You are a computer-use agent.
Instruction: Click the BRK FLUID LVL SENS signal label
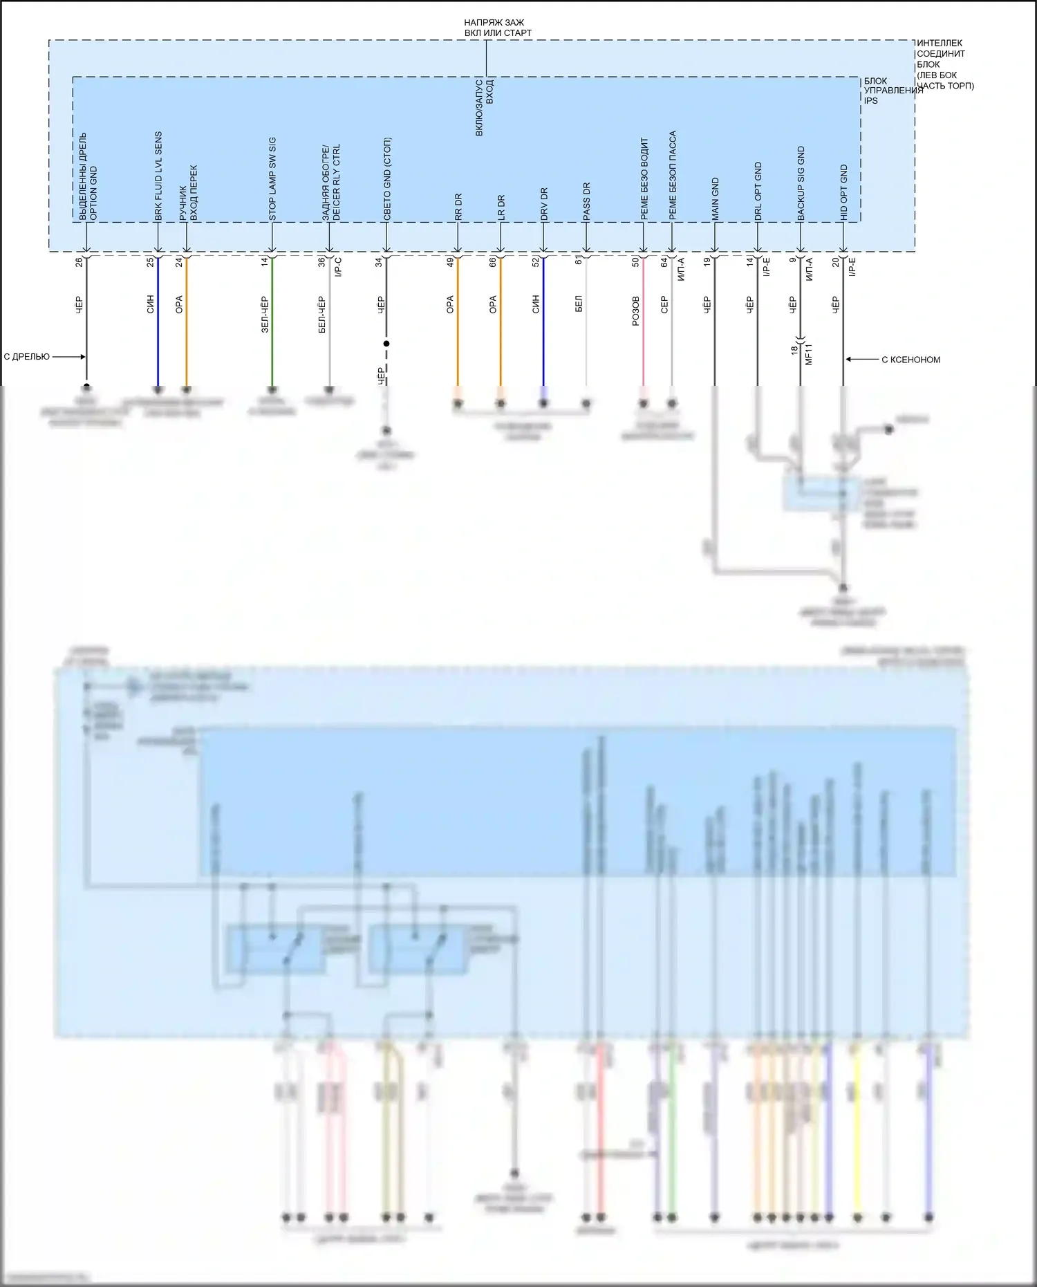[x=158, y=176]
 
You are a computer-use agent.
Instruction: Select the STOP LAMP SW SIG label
[x=272, y=179]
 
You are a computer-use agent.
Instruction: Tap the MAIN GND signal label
[x=716, y=200]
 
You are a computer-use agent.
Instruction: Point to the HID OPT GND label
[x=844, y=193]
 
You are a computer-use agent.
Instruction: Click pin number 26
[x=79, y=262]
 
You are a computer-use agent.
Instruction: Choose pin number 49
[x=450, y=262]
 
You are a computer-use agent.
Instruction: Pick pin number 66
[x=493, y=262]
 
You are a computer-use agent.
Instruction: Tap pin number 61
[x=579, y=261]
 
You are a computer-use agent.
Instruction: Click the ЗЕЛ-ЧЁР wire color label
[x=265, y=315]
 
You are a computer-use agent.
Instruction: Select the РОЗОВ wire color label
[x=636, y=311]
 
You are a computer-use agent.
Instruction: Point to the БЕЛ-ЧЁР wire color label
[x=322, y=315]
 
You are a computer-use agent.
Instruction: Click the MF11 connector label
[x=809, y=353]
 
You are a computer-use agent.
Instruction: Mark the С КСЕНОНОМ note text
[x=910, y=360]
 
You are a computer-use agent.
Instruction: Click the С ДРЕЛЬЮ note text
[x=27, y=357]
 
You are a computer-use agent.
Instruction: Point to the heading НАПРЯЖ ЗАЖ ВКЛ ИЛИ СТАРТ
[x=498, y=28]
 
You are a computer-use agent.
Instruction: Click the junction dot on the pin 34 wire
[x=386, y=344]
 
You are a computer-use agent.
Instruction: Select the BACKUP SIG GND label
[x=801, y=184]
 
